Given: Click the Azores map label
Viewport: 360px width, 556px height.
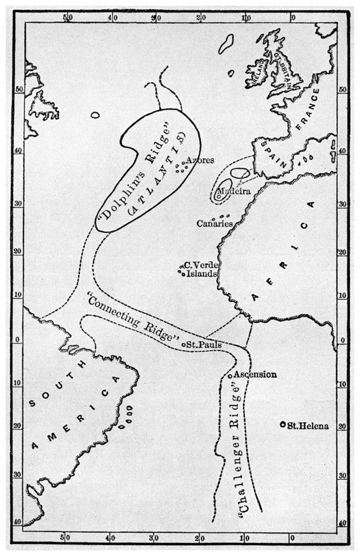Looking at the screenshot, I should (x=200, y=161).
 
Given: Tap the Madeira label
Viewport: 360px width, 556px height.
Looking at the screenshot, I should (x=233, y=192).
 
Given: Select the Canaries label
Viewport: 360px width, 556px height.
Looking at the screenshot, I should (x=214, y=223).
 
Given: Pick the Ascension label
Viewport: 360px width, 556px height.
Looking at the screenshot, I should (x=255, y=375).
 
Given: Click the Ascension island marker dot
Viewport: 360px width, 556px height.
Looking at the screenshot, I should (x=230, y=376).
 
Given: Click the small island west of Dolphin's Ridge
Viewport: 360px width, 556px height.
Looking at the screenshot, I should (x=96, y=115).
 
